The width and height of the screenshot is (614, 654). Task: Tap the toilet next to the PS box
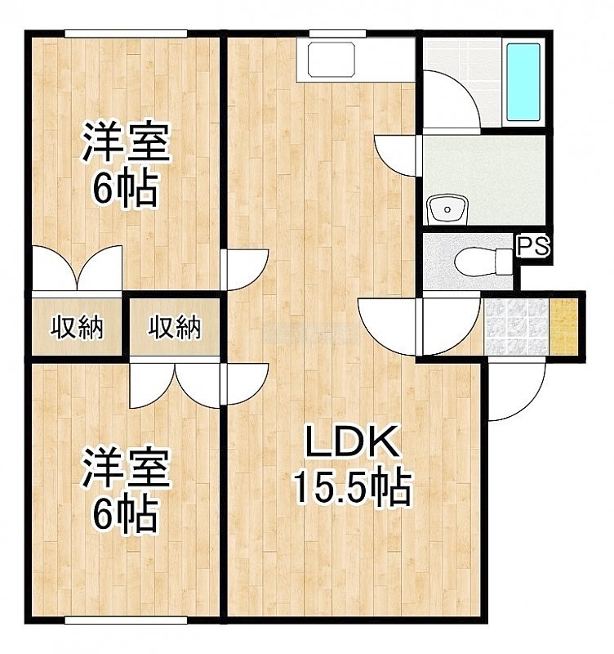point(483,262)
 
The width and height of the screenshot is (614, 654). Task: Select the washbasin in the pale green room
point(447,208)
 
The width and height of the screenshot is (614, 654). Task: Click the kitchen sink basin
point(331,60)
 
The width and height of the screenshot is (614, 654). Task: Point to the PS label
point(533,246)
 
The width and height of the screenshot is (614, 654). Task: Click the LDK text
point(351,441)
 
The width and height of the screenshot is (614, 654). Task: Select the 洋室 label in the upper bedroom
point(127,141)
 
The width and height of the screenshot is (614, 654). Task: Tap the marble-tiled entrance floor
point(516,326)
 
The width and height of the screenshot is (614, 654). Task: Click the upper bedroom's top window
point(126,34)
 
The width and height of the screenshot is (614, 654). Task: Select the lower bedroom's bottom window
point(126,620)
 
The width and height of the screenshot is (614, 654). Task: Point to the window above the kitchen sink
point(337,34)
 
